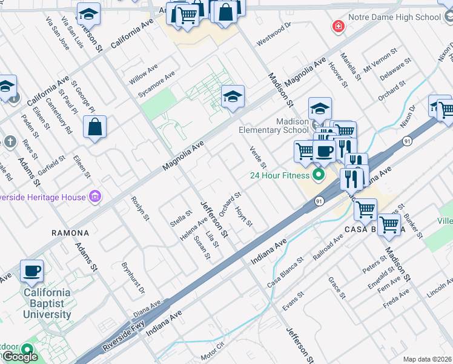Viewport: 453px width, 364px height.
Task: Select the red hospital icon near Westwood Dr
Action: click(x=337, y=26)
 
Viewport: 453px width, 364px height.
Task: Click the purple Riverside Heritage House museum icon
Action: click(x=94, y=196)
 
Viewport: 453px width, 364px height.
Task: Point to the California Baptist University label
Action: click(x=47, y=303)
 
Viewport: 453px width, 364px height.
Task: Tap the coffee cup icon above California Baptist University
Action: click(x=31, y=271)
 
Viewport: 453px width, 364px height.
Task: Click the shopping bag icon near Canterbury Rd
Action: click(x=94, y=127)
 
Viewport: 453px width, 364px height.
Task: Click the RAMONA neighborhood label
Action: click(x=70, y=233)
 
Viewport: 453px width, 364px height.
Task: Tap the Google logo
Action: click(x=20, y=357)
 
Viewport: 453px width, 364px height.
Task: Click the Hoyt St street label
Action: click(x=243, y=215)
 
